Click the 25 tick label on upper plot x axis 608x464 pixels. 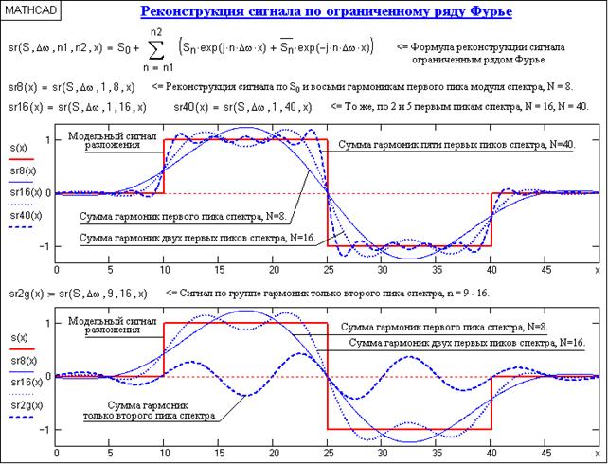click(326, 271)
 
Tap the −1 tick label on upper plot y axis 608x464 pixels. click(44, 246)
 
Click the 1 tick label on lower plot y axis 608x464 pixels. click(46, 324)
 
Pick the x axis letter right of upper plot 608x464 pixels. click(599, 270)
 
